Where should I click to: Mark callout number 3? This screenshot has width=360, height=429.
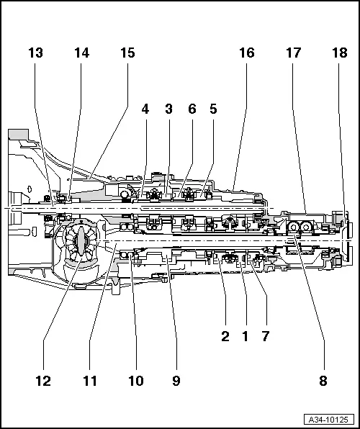click(168, 109)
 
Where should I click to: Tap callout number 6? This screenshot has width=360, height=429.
click(192, 109)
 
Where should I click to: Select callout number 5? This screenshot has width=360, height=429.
click(212, 109)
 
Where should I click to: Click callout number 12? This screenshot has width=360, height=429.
click(44, 380)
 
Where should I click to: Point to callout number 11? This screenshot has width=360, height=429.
click(89, 380)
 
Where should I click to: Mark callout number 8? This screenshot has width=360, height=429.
click(323, 380)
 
